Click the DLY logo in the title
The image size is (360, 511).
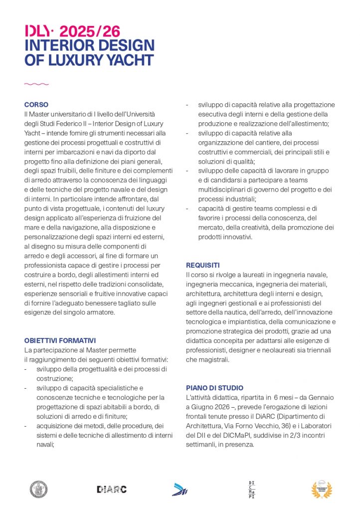click(37, 31)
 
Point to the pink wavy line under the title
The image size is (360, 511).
click(36, 84)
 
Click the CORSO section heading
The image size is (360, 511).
click(36, 105)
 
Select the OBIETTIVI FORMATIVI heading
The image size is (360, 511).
click(60, 341)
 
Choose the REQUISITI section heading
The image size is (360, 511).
click(203, 265)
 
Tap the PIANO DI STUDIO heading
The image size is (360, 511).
click(215, 388)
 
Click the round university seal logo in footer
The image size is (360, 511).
click(38, 489)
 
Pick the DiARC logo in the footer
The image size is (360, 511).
click(112, 490)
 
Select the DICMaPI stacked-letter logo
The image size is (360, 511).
click(252, 489)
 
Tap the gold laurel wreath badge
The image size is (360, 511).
click(321, 489)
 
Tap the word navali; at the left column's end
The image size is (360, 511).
click(45, 445)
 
